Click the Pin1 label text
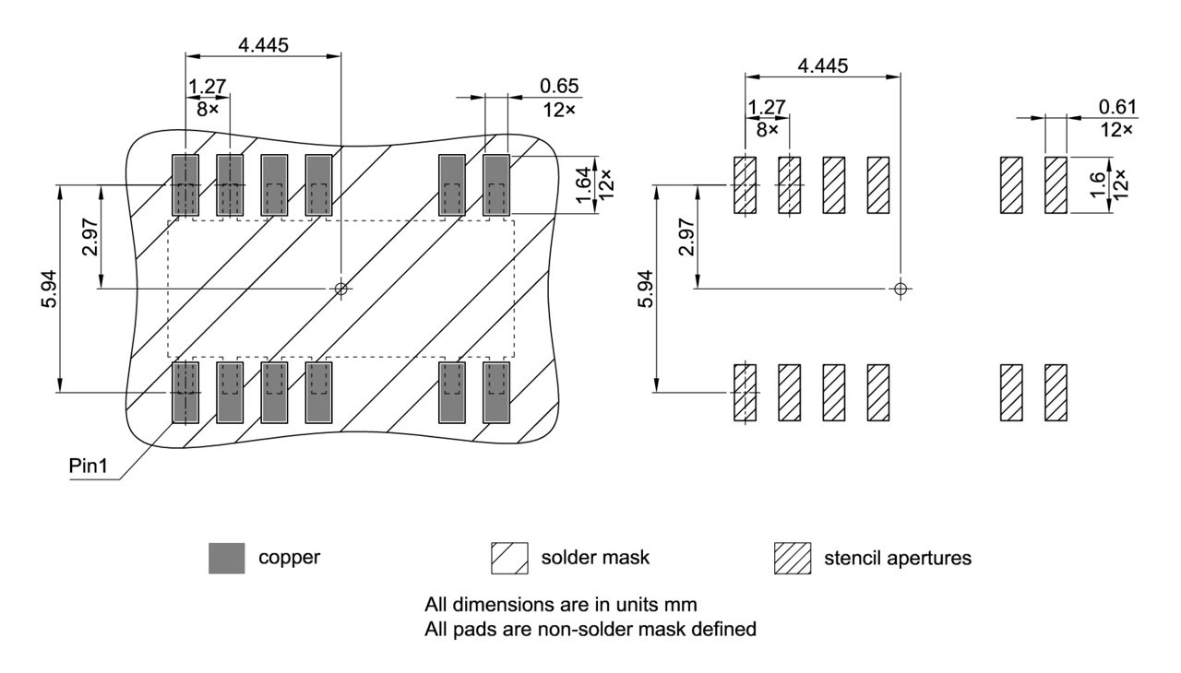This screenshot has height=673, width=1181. pos(89,466)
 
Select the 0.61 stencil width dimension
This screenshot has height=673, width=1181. pos(1117,108)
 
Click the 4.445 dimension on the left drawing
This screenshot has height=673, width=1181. pos(262,44)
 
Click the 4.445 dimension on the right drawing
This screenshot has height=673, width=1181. pos(823,65)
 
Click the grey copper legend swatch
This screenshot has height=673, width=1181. pos(228,558)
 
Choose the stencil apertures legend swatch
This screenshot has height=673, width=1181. pos(791,558)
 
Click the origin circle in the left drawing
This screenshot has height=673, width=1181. pos(341,289)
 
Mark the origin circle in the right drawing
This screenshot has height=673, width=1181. pos(901,289)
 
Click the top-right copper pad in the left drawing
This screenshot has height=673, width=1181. pos(496,185)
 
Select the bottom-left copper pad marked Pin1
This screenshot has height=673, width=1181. pos(185,393)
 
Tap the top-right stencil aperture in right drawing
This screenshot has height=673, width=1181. pos(1056,184)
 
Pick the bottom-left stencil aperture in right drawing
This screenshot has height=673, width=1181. pos(745,393)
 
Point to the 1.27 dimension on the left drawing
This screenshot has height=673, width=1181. pos(207,86)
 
